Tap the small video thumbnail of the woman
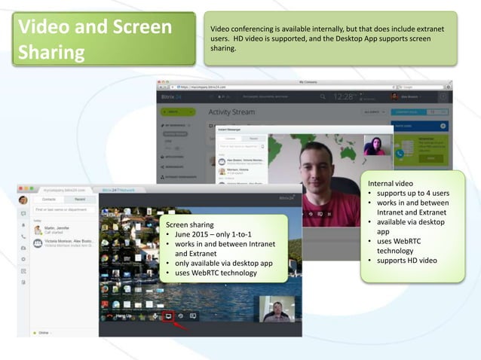(x=375, y=146)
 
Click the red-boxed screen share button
(x=170, y=316)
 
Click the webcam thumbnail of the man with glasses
(x=276, y=309)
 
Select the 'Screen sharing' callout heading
(x=189, y=224)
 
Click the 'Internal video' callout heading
(x=391, y=184)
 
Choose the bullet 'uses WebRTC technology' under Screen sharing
(x=215, y=273)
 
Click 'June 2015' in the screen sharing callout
(x=192, y=234)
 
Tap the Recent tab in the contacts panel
(x=79, y=199)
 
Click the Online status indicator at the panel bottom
(x=42, y=332)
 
